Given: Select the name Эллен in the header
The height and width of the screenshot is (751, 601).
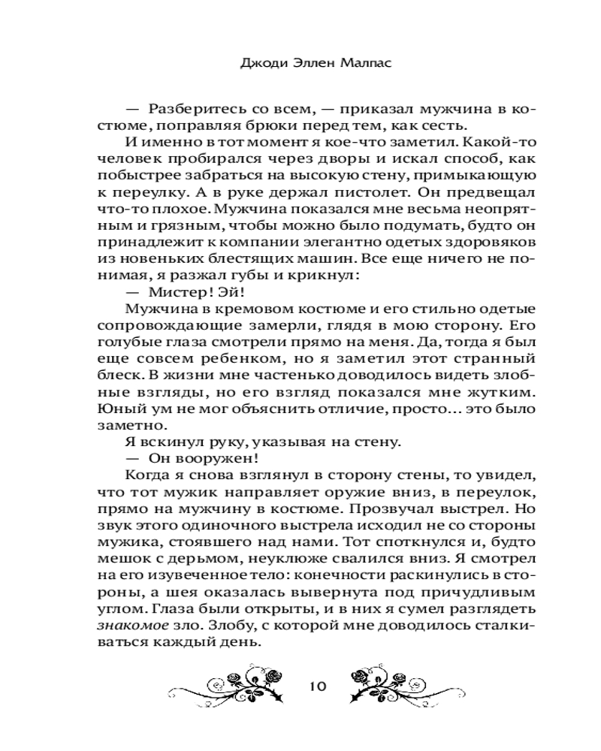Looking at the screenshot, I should tap(313, 64).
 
